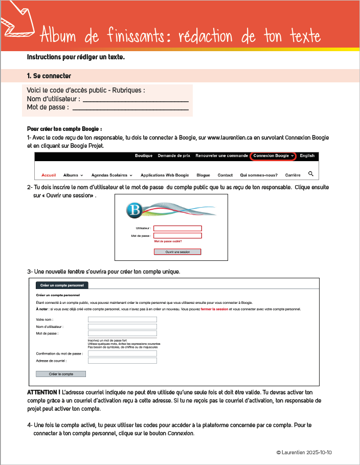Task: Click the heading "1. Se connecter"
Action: [49, 76]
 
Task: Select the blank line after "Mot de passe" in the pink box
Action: [130, 107]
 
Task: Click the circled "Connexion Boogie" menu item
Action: [274, 156]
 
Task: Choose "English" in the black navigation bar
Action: [307, 156]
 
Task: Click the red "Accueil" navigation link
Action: [49, 175]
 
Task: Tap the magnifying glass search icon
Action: [311, 174]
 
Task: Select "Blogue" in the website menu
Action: [204, 175]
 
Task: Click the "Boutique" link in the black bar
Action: [144, 156]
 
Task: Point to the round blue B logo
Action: [135, 210]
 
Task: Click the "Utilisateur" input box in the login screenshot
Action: [177, 228]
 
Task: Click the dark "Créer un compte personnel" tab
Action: [61, 285]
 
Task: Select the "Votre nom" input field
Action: [122, 320]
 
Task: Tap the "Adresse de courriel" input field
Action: [122, 360]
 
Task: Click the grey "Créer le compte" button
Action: [61, 374]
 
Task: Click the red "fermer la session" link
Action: [214, 309]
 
